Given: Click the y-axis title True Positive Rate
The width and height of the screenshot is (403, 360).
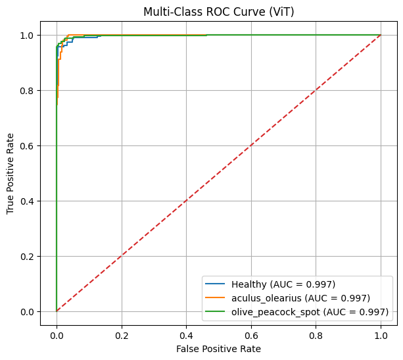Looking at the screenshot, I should [x=11, y=173].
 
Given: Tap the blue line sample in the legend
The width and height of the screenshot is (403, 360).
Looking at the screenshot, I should [x=220, y=284].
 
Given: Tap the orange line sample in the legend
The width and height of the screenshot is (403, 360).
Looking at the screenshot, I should [x=220, y=297].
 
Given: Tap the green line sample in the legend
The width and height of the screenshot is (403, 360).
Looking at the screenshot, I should [x=220, y=311].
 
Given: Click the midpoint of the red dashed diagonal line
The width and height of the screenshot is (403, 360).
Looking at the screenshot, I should [x=219, y=173].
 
